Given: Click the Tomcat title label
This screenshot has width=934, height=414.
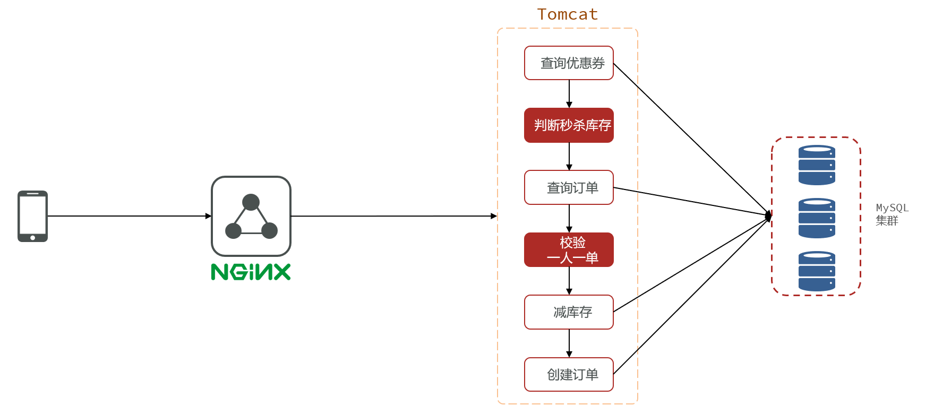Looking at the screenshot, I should pos(567,14).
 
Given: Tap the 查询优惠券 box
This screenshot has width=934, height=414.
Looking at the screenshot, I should pos(569,63).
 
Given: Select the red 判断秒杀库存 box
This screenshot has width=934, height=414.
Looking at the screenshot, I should pos(569,125).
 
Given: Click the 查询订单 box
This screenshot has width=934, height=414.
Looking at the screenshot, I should pos(569,187).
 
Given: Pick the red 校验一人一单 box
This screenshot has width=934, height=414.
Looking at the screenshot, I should pos(569,249).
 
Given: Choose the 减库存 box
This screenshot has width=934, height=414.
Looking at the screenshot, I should pos(569,312).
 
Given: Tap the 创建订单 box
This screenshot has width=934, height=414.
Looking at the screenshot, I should pos(569,374).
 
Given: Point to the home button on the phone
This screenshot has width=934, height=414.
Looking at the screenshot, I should pos(32,237).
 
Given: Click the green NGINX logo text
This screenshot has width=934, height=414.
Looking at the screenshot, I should pos(251,272).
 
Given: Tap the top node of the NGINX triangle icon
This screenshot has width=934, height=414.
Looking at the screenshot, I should pos(251,202).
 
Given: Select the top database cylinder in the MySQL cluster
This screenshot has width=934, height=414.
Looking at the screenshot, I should pos(817,165).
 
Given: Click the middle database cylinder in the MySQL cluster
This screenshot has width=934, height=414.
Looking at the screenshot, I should pos(817,218).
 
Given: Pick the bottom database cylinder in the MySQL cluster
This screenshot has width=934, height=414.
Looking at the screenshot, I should pos(817,271).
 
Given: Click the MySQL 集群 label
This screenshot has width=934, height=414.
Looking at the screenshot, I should pos(892,214).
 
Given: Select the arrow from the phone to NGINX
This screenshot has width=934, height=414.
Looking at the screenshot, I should pos(127,216).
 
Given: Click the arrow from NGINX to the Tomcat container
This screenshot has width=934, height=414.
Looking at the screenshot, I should pos(393,216).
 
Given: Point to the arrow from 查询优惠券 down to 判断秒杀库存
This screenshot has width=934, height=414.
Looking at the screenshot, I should pos(569,94).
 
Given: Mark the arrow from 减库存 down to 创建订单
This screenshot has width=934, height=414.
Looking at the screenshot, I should pos(569,343).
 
